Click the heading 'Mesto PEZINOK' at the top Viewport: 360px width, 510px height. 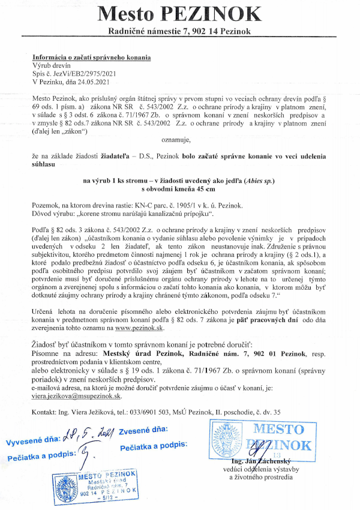click(x=179, y=13)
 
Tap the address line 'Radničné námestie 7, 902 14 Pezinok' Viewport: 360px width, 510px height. click(x=179, y=31)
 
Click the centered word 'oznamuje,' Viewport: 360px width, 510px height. click(x=176, y=140)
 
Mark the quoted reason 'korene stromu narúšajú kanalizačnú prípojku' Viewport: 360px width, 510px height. click(x=151, y=214)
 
